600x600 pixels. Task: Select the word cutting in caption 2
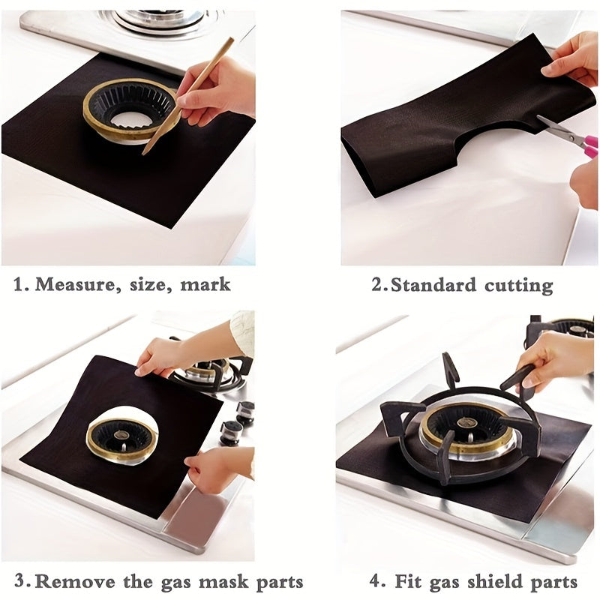518,285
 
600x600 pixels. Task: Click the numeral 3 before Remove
22,581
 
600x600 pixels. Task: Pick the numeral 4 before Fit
377,581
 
